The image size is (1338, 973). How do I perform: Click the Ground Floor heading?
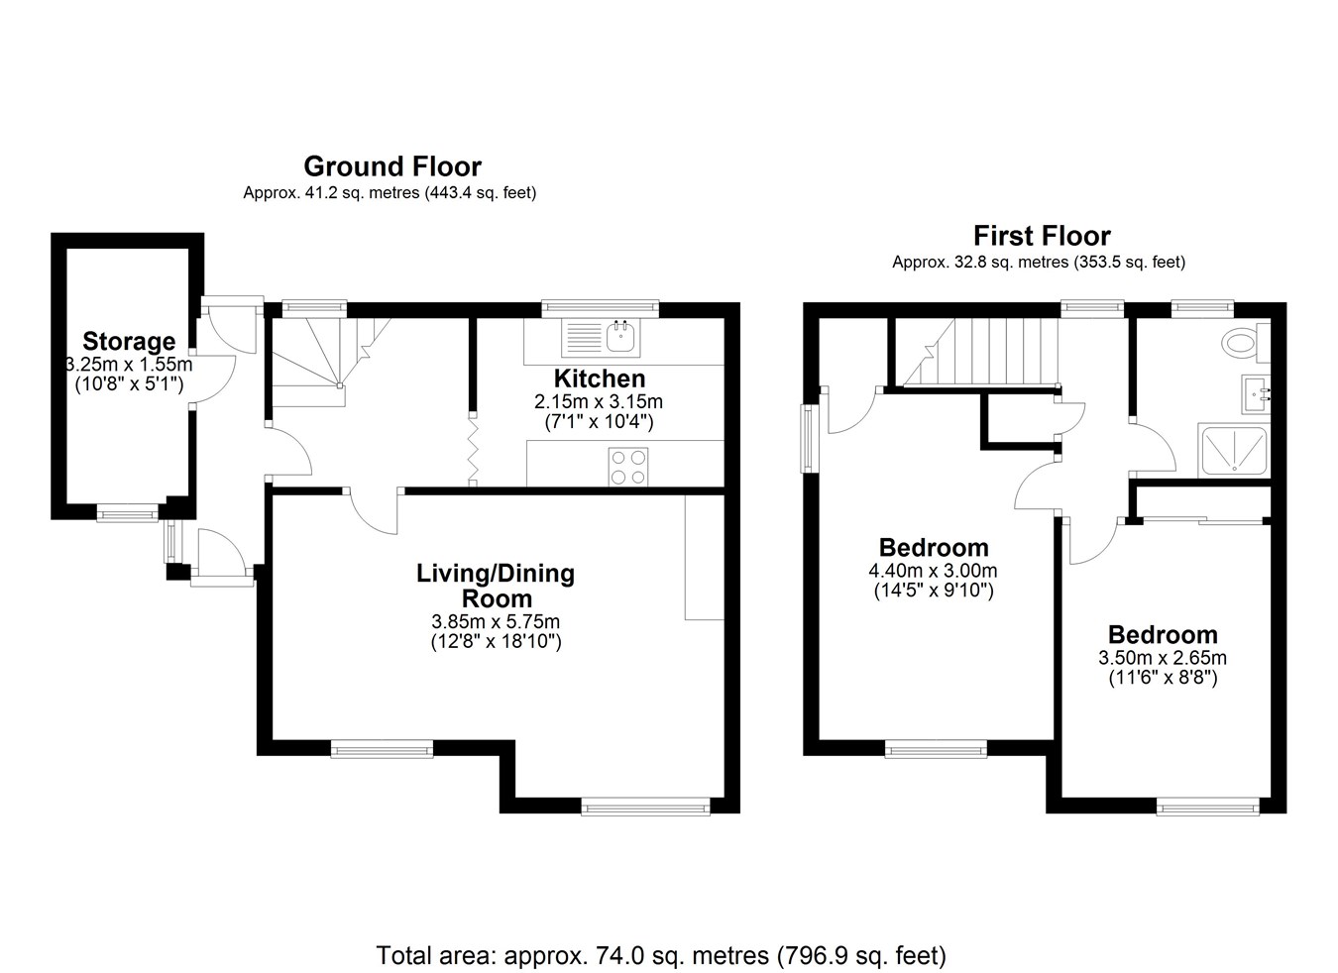click(392, 166)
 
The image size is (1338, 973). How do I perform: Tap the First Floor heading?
click(1042, 236)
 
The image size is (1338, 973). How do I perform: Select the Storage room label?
click(129, 341)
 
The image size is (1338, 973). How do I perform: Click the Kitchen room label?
click(600, 378)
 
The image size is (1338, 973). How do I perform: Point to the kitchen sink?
click(601, 338)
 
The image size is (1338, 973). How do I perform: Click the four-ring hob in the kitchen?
click(628, 467)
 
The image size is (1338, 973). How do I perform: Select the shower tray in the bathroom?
click(1233, 451)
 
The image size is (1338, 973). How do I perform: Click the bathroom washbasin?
click(1256, 394)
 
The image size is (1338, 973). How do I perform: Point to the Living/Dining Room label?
click(496, 586)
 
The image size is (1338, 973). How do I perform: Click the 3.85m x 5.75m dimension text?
click(496, 622)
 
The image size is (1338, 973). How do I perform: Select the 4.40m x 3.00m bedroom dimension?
click(933, 571)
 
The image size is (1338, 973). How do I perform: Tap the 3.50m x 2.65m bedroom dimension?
click(1163, 658)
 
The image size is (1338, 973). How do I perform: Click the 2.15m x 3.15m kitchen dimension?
click(599, 401)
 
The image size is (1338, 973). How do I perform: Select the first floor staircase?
click(978, 352)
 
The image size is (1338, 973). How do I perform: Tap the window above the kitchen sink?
click(601, 308)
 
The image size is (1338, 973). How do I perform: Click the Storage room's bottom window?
click(128, 513)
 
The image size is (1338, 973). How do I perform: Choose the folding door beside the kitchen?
click(473, 449)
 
